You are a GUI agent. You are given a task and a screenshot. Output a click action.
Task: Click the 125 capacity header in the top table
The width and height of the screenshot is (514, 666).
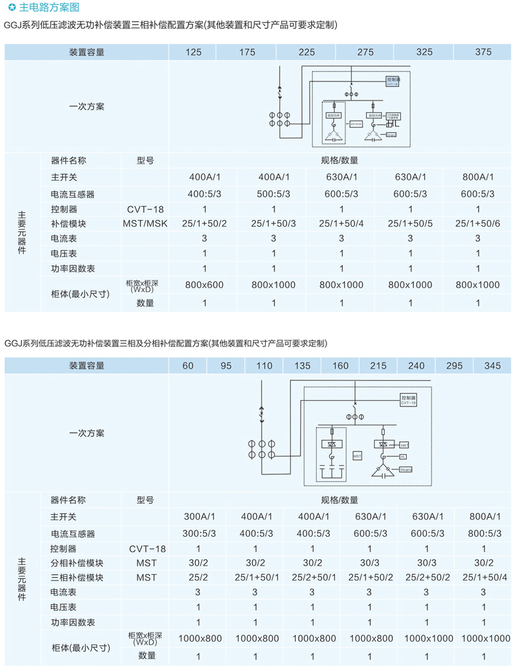tap(193, 52)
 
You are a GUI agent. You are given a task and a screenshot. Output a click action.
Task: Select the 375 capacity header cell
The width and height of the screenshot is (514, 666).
tap(483, 52)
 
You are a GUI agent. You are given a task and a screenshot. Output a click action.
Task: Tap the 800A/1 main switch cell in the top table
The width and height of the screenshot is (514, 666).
tap(478, 177)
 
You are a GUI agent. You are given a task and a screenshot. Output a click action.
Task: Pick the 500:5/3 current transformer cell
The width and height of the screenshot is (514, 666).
tap(273, 194)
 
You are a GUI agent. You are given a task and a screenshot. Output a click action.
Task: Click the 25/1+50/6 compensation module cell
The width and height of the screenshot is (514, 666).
tap(478, 223)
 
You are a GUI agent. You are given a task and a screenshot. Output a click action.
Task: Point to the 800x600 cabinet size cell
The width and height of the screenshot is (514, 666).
tap(205, 285)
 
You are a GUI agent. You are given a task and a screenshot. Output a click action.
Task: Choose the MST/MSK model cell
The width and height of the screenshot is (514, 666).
tap(145, 223)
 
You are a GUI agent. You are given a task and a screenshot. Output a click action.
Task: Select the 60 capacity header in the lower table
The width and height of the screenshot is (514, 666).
tap(188, 366)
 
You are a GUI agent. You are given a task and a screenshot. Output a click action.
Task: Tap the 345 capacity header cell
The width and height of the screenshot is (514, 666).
tap(493, 366)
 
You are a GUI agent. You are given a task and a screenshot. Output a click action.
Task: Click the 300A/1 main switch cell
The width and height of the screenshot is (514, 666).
tap(198, 517)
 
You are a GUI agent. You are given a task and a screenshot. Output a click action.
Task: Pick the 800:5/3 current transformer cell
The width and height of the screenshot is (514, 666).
tap(484, 533)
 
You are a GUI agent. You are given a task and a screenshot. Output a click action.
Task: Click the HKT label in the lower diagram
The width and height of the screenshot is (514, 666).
tap(404, 444)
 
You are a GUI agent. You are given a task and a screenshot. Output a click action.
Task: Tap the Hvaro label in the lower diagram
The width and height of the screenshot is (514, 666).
tap(406, 469)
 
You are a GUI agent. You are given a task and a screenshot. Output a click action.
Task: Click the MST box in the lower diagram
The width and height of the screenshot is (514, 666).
tap(357, 457)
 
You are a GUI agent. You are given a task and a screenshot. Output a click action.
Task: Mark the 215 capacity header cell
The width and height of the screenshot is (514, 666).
tap(378, 366)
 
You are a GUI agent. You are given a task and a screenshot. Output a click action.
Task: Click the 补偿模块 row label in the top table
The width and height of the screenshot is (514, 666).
tap(69, 223)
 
